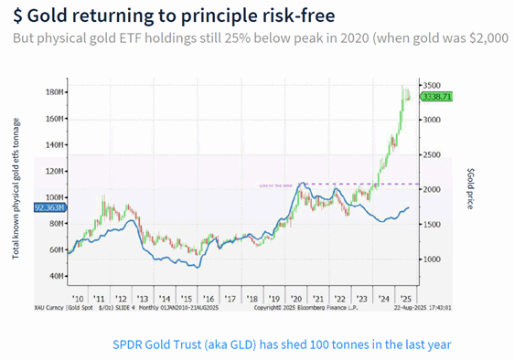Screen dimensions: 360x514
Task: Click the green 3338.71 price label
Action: (x=436, y=96)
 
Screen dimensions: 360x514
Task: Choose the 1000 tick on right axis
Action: (x=432, y=259)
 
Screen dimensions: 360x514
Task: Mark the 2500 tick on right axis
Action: (x=432, y=154)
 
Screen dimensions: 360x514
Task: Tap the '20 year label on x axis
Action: (x=295, y=299)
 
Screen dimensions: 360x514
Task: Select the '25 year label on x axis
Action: (x=404, y=299)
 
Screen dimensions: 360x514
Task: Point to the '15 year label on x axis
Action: (x=187, y=299)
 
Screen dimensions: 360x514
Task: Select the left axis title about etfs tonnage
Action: (x=16, y=187)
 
